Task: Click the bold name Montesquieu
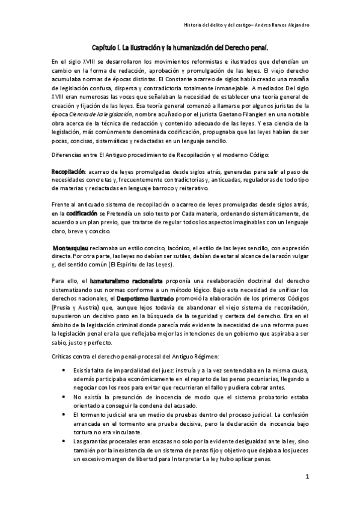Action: tap(71, 247)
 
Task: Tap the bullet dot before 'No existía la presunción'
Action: tap(64, 398)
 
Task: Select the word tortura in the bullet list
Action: tap(83, 432)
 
